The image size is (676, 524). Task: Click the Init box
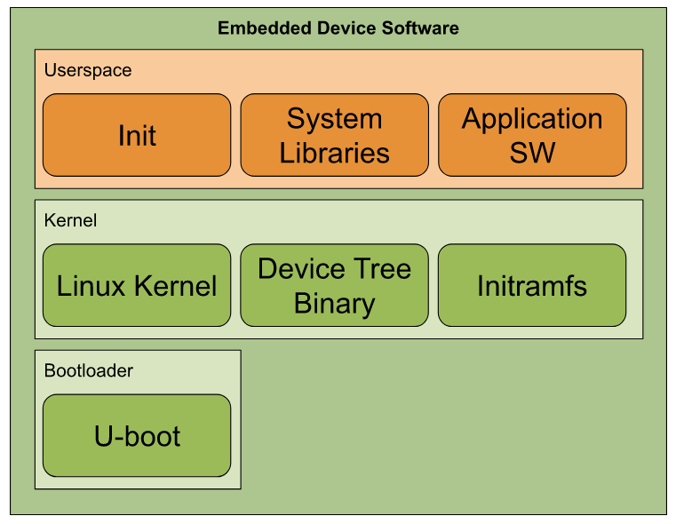coord(137,135)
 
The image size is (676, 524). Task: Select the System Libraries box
coord(334,135)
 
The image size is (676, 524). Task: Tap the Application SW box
coord(532,135)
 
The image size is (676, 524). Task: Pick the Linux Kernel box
coord(137,285)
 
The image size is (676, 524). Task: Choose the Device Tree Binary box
coord(334,285)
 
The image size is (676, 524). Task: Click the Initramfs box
coord(532,285)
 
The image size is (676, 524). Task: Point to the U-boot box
coord(137,436)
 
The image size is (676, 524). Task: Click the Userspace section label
coord(88,70)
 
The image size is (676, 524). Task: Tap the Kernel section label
coord(70,220)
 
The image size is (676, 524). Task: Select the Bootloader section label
coord(89,370)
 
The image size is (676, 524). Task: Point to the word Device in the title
coord(347,28)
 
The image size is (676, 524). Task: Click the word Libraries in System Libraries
coord(334,153)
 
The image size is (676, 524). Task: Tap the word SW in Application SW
coord(532,153)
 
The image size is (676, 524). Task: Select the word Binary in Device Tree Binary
coord(334,304)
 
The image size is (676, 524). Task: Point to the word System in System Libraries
coord(334,119)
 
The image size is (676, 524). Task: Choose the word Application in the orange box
coord(532,119)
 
